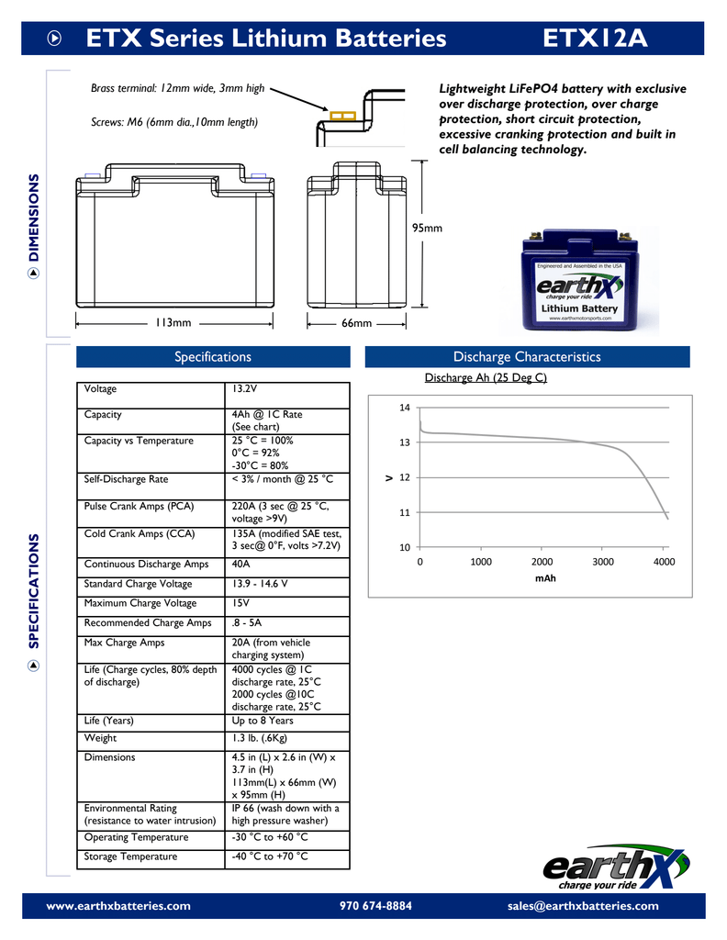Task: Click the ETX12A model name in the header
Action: pyautogui.click(x=596, y=39)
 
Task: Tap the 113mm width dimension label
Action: pyautogui.click(x=173, y=323)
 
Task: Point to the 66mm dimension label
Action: pyautogui.click(x=356, y=323)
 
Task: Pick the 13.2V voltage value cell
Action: pyautogui.click(x=246, y=389)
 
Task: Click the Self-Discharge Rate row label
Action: pyautogui.click(x=127, y=479)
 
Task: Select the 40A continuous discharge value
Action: pyautogui.click(x=241, y=565)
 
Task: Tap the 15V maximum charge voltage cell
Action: pyautogui.click(x=240, y=603)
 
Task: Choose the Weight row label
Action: pyautogui.click(x=100, y=738)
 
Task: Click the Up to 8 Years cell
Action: pyautogui.click(x=263, y=721)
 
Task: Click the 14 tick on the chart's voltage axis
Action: pyautogui.click(x=404, y=408)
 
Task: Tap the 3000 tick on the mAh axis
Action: pyautogui.click(x=603, y=562)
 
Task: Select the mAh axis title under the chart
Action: pyautogui.click(x=545, y=578)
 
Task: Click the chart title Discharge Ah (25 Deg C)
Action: pyautogui.click(x=486, y=377)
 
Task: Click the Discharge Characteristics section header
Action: pyautogui.click(x=527, y=357)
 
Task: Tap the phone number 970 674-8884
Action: pyautogui.click(x=375, y=906)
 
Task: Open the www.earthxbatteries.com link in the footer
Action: pyautogui.click(x=118, y=906)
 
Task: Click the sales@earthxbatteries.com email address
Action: pyautogui.click(x=583, y=906)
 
